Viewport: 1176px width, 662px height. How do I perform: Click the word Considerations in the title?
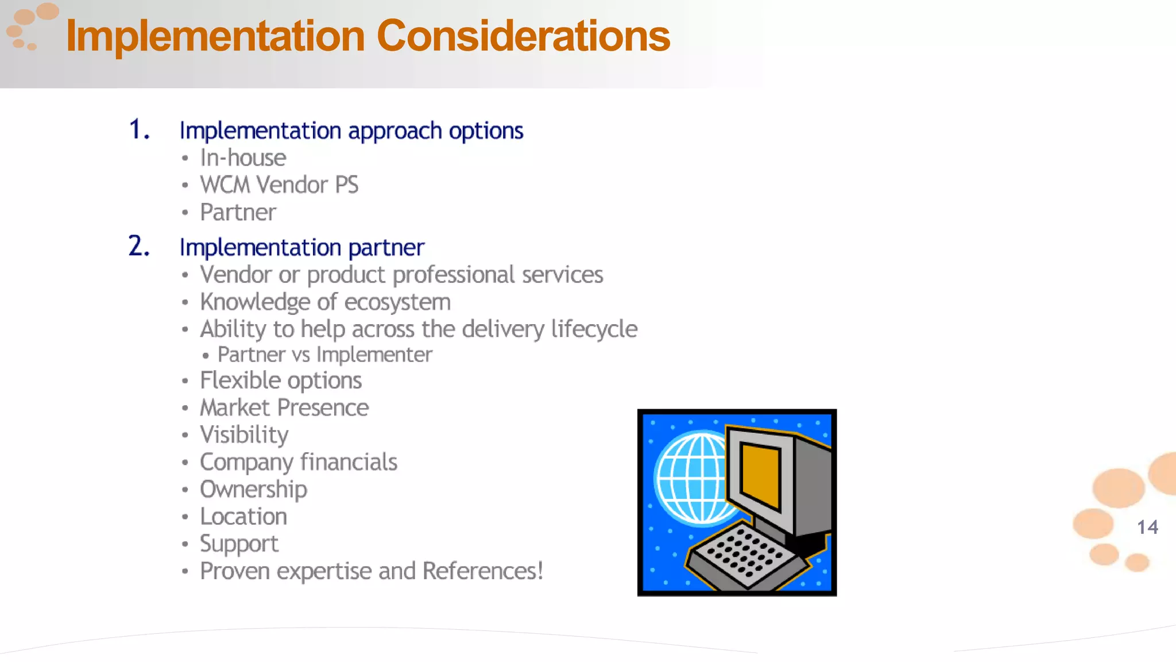[523, 36]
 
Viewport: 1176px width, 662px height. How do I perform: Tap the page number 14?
[1147, 527]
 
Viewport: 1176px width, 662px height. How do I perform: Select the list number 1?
[138, 129]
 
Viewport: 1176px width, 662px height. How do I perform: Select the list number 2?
[138, 247]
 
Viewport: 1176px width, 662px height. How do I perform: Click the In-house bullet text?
[243, 158]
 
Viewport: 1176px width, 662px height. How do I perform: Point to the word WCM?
[225, 185]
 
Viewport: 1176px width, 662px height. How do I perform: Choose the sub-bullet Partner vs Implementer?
[324, 355]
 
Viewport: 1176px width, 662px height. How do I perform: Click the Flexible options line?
[281, 380]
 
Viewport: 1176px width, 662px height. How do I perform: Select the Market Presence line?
[284, 408]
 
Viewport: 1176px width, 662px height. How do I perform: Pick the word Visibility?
[244, 435]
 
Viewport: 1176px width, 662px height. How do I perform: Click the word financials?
[349, 462]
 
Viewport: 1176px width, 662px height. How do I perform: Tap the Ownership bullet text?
[253, 490]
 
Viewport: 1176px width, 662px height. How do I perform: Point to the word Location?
[243, 517]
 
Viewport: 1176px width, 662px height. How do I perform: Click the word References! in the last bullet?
[482, 571]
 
